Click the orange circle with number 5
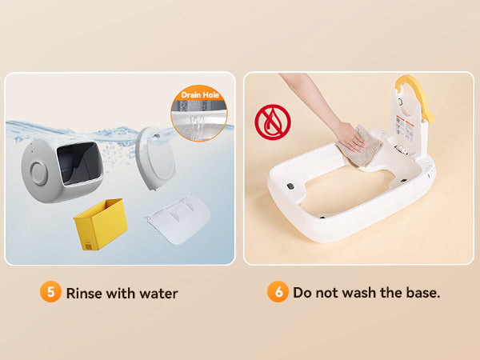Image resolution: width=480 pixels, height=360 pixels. [x=50, y=292]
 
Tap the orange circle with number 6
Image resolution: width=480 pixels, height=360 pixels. [x=278, y=292]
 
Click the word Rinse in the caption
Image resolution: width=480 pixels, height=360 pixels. [x=84, y=294]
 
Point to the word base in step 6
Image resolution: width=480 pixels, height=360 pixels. [x=423, y=293]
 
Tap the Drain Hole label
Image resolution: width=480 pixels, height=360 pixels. [x=200, y=95]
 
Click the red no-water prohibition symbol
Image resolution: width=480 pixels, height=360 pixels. [x=273, y=122]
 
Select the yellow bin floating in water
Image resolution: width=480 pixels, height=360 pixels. [x=101, y=224]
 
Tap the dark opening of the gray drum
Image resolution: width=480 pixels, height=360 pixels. [x=79, y=163]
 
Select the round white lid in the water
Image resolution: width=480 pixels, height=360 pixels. [x=155, y=158]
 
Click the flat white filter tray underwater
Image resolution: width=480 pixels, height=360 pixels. [x=178, y=218]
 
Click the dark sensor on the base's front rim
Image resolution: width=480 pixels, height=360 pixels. [x=290, y=186]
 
